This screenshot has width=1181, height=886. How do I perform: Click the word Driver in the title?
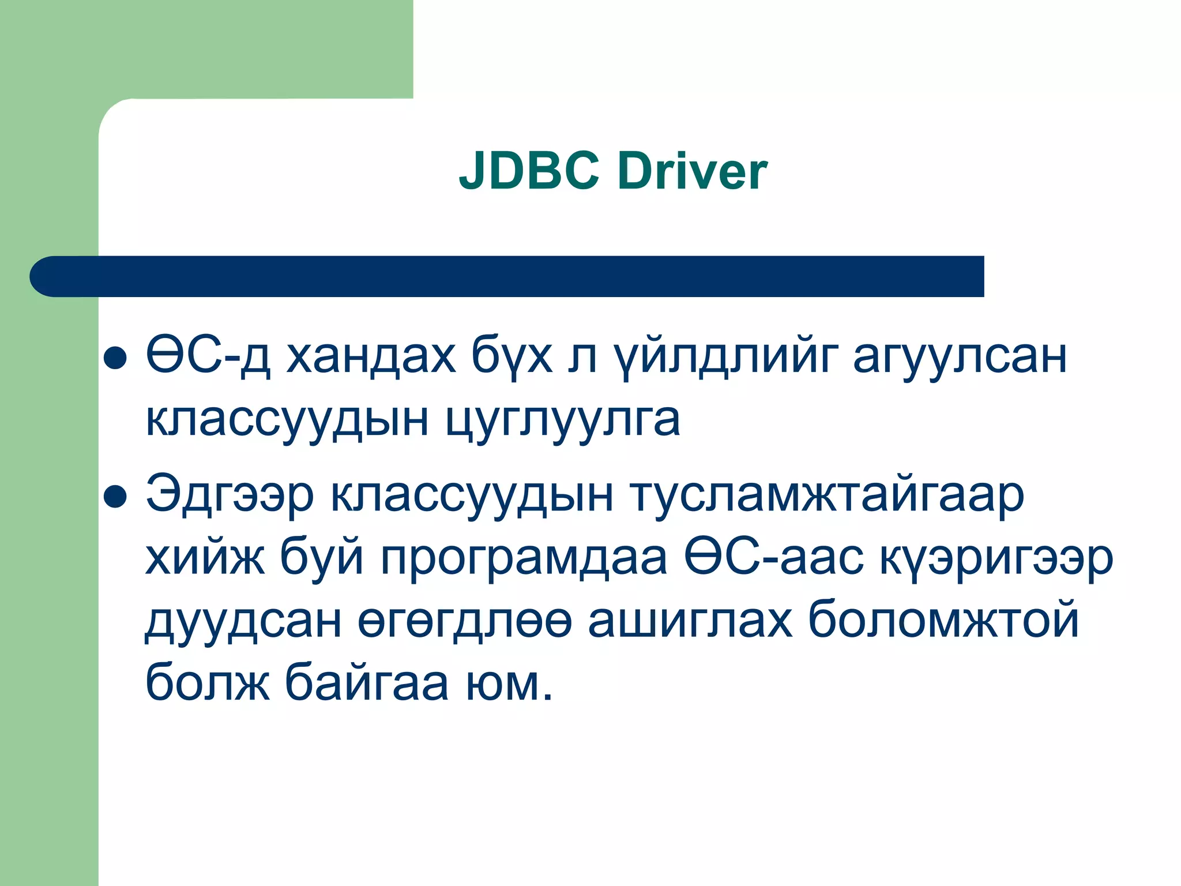click(x=692, y=171)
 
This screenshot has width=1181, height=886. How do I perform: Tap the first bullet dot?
click(x=115, y=358)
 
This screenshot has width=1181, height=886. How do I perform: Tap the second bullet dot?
click(x=115, y=497)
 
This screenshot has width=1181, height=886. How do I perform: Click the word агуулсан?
click(x=960, y=357)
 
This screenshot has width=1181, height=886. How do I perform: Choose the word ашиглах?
click(x=690, y=622)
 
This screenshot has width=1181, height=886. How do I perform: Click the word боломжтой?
click(x=943, y=622)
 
